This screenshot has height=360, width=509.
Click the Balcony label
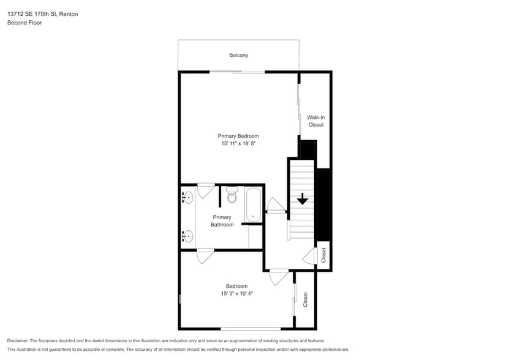[x=239, y=55]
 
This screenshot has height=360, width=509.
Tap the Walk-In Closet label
[x=316, y=121]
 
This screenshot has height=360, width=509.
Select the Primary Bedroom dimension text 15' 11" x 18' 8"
[x=238, y=143]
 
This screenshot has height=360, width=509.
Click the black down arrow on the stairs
[x=303, y=199]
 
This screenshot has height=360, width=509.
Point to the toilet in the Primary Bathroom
[x=232, y=195]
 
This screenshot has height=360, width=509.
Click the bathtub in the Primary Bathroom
[x=253, y=204]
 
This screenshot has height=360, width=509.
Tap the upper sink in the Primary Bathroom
[x=187, y=197]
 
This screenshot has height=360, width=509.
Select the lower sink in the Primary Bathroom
[x=187, y=236]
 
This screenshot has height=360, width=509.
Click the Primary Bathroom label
[x=222, y=221]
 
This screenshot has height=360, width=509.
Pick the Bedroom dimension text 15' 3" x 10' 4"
[x=237, y=293]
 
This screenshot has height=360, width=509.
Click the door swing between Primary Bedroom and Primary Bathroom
[x=206, y=191]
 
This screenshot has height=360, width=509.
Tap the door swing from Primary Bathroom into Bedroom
[x=205, y=256]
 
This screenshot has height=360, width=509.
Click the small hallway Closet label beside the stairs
[x=323, y=255]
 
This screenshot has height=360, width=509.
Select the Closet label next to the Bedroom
[x=305, y=299]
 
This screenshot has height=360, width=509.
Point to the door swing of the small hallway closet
[x=309, y=256]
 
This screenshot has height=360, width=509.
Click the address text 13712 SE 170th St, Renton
[x=42, y=14]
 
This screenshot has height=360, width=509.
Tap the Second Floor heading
[x=25, y=23]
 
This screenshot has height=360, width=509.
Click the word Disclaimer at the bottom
[x=18, y=341]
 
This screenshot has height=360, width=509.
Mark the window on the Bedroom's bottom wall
[x=251, y=329]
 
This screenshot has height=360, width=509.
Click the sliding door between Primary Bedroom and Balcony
[x=237, y=72]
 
